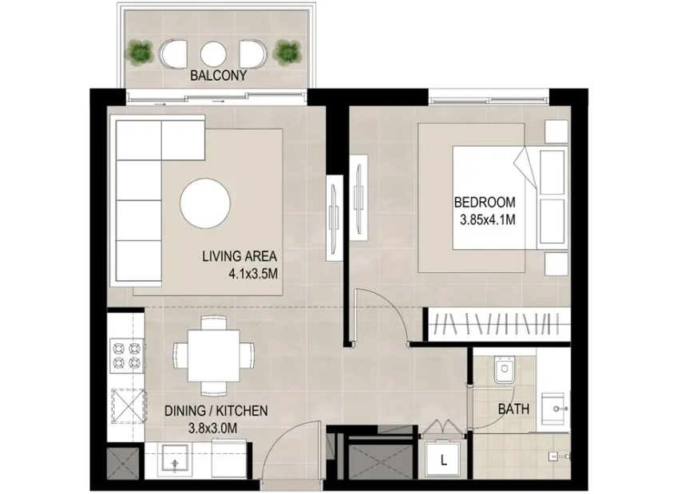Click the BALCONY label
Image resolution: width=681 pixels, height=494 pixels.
click(x=218, y=76)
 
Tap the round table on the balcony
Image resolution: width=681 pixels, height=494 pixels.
click(x=213, y=53)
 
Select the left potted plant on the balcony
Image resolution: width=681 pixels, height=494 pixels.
click(x=140, y=52)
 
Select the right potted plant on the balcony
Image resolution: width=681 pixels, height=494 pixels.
click(x=287, y=52)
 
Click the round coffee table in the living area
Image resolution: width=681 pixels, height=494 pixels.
click(x=205, y=204)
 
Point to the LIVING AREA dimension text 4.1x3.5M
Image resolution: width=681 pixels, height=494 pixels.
click(x=253, y=274)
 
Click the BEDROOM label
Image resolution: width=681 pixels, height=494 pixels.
click(x=485, y=202)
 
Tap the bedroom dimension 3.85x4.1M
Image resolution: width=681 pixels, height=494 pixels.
click(x=488, y=219)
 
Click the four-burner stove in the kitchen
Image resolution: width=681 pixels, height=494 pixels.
click(x=126, y=355)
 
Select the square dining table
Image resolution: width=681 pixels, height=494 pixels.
click(x=213, y=356)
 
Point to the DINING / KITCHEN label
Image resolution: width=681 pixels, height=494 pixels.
click(x=216, y=410)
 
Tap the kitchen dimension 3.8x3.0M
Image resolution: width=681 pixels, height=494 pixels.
click(x=212, y=429)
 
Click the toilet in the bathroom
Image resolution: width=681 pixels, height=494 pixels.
click(x=505, y=370)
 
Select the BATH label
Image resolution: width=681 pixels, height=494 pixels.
click(x=513, y=409)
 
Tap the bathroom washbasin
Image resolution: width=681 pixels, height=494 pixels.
click(x=555, y=409)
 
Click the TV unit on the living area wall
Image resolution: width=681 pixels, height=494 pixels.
click(x=335, y=218)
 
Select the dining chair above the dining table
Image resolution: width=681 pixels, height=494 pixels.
click(x=213, y=323)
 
